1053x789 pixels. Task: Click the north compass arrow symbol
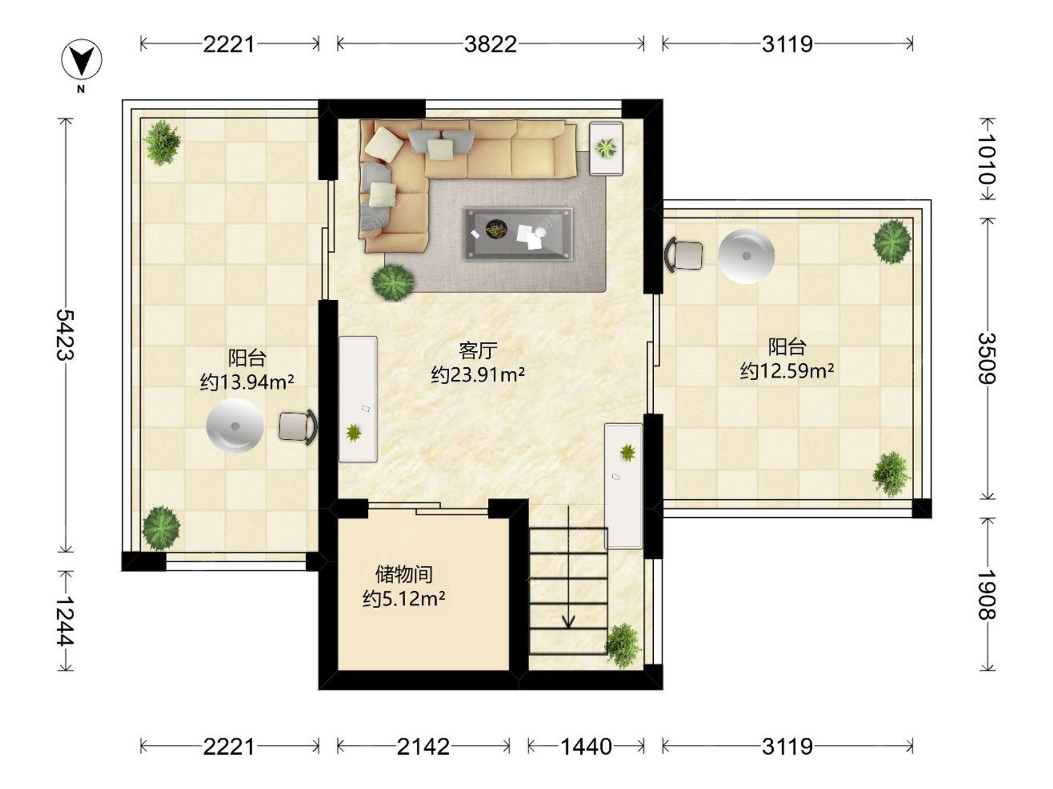82,59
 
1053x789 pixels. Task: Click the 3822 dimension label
490,44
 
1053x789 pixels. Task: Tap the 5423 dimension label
66,334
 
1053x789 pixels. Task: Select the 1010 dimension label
987,159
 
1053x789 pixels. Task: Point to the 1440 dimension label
586,746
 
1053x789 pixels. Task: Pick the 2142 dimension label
423,746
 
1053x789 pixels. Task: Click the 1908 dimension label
987,594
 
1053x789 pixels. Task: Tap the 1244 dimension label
66,620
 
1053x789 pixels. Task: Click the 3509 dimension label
987,358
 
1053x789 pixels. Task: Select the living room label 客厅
478,350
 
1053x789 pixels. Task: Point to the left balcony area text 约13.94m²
247,381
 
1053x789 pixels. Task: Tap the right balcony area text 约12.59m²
787,371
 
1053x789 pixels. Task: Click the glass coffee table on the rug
518,233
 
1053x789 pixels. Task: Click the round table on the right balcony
746,256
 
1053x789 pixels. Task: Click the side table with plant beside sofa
606,148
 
